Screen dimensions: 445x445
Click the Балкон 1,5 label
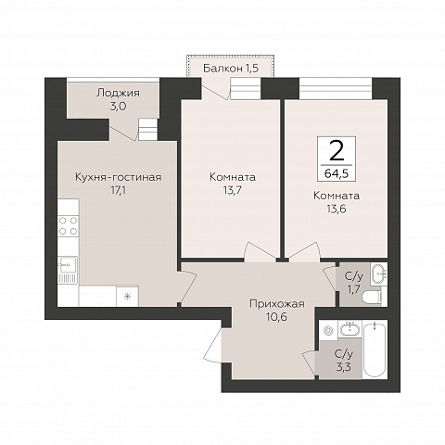pyautogui.click(x=231, y=68)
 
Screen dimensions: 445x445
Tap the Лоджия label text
pyautogui.click(x=118, y=93)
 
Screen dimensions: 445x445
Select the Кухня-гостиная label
pyautogui.click(x=119, y=177)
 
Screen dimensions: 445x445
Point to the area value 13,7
pyautogui.click(x=233, y=190)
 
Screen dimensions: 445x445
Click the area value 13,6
pyautogui.click(x=337, y=209)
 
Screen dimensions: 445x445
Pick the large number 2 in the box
pyautogui.click(x=337, y=150)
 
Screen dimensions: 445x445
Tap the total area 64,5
pyautogui.click(x=337, y=173)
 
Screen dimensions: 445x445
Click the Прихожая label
pyautogui.click(x=277, y=304)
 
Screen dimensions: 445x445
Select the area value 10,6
pyautogui.click(x=277, y=317)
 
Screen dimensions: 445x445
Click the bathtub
pyautogui.click(x=375, y=349)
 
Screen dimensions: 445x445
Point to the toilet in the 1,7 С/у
pyautogui.click(x=374, y=297)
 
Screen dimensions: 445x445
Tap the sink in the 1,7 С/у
pyautogui.click(x=378, y=273)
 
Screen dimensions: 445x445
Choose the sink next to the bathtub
pyautogui.click(x=350, y=330)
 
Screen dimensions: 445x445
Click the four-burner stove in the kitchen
pyautogui.click(x=69, y=226)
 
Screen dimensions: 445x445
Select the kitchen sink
pyautogui.click(x=68, y=270)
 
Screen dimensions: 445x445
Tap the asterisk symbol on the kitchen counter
pyautogui.click(x=127, y=297)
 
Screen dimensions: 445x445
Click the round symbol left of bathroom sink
pyautogui.click(x=327, y=330)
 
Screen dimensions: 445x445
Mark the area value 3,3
pyautogui.click(x=344, y=367)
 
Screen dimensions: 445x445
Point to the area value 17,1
pyautogui.click(x=119, y=190)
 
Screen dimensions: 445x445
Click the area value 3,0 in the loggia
pyautogui.click(x=118, y=107)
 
